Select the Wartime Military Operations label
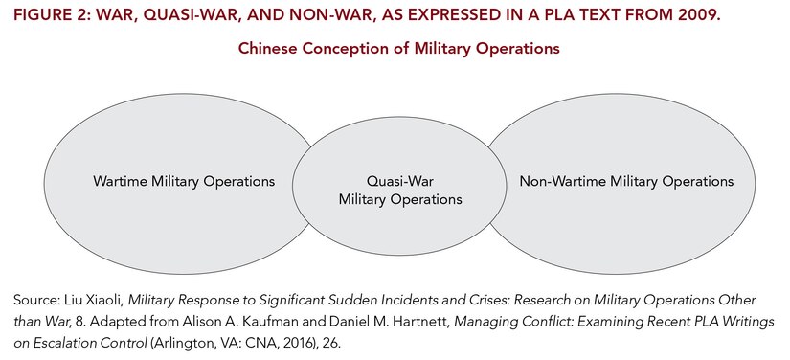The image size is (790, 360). click(184, 181)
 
